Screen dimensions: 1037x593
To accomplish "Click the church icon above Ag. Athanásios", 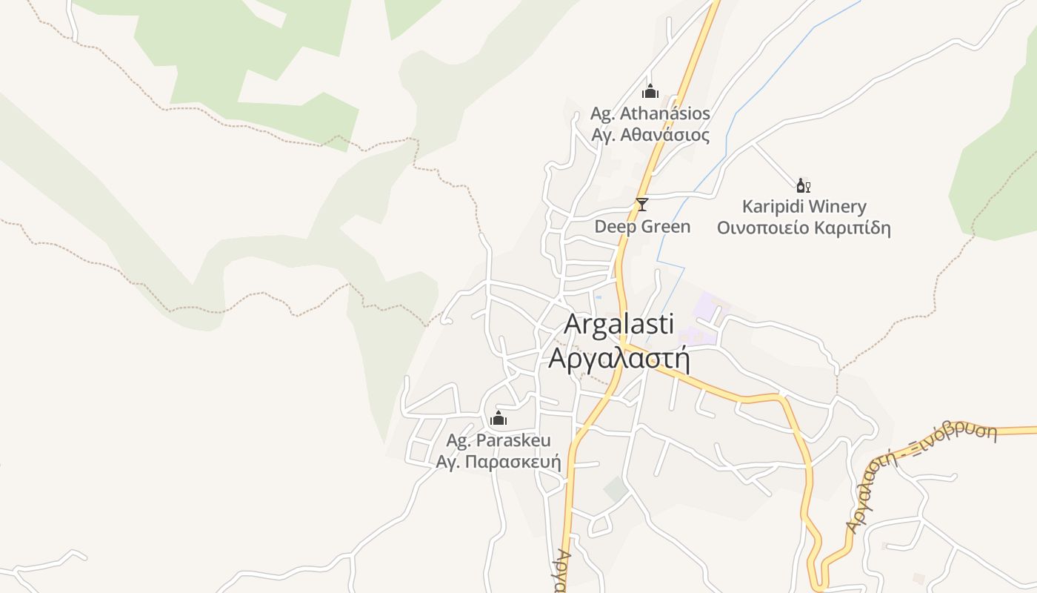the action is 650,92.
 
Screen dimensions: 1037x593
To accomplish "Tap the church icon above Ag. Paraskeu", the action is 499,419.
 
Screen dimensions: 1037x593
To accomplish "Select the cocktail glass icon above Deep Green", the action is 642,205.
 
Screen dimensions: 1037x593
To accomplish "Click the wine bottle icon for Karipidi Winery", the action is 803,185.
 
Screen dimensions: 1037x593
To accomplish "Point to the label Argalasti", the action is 618,325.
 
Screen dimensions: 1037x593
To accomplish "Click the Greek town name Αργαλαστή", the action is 618,358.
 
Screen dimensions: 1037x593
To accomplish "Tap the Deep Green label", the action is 642,227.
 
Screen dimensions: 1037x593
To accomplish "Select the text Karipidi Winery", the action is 804,206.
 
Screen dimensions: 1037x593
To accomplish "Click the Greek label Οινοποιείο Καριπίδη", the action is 804,228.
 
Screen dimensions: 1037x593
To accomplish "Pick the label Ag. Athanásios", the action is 650,114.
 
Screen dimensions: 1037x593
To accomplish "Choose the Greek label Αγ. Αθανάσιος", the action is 650,136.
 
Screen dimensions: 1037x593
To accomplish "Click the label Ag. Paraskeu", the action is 499,440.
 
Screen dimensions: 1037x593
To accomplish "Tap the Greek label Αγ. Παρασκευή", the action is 499,463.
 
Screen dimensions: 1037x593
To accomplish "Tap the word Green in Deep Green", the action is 666,227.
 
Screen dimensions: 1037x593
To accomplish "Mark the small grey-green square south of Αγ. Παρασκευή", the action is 616,488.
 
